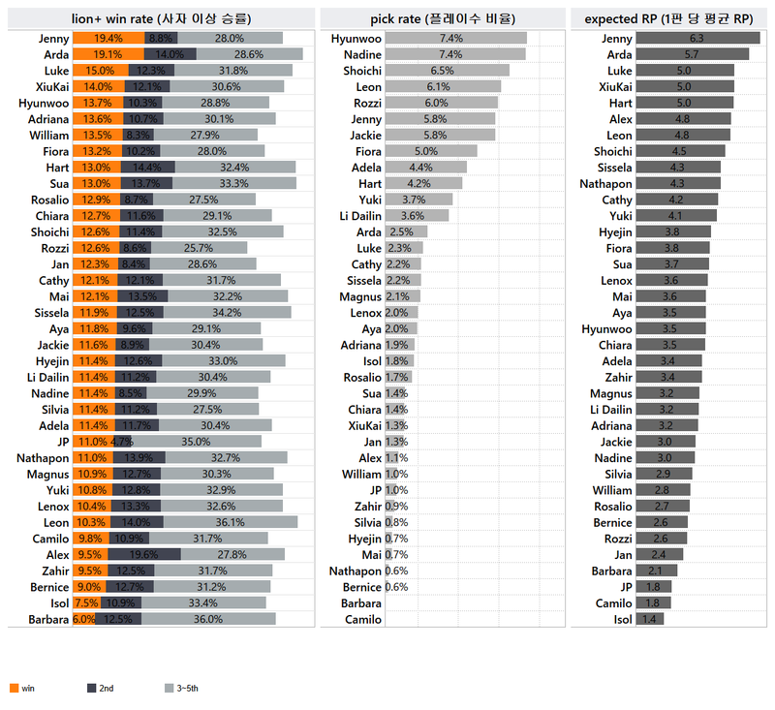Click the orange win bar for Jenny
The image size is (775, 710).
click(x=95, y=38)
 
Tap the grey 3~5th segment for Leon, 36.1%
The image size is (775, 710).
click(x=230, y=522)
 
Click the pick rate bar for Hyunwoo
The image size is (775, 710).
click(x=455, y=38)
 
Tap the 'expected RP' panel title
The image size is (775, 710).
click(x=669, y=17)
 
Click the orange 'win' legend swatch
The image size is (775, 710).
click(x=14, y=688)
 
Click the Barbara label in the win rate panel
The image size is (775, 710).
click(x=48, y=619)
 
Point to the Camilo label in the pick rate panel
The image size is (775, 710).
click(x=362, y=619)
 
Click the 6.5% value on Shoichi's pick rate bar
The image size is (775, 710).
click(x=442, y=71)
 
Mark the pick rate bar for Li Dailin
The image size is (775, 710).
click(x=417, y=216)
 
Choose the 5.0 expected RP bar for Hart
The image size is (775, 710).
click(x=685, y=103)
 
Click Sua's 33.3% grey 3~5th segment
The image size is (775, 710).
click(x=233, y=183)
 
